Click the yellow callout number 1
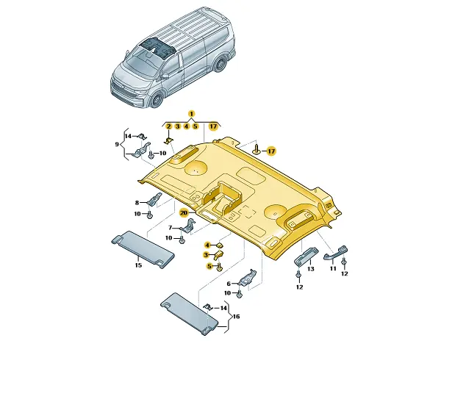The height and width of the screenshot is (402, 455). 191,114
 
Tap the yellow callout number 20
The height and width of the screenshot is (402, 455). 184,213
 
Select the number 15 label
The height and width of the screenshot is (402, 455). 138,265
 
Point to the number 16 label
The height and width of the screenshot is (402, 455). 236,317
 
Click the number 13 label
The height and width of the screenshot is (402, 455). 310,269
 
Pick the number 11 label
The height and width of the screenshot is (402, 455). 333,268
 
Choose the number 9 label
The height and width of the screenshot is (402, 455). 117,144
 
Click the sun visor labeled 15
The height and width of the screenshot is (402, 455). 143,249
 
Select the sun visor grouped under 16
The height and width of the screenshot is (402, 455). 189,313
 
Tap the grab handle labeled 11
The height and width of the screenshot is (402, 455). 335,253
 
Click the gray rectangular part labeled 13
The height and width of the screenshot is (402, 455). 307,255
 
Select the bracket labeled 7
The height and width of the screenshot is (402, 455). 189,226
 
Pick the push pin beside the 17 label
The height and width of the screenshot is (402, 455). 257,148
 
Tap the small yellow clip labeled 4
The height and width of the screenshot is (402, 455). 220,245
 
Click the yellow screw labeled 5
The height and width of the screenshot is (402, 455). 219,267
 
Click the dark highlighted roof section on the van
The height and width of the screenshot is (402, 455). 157,48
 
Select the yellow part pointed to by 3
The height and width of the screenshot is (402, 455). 219,255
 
